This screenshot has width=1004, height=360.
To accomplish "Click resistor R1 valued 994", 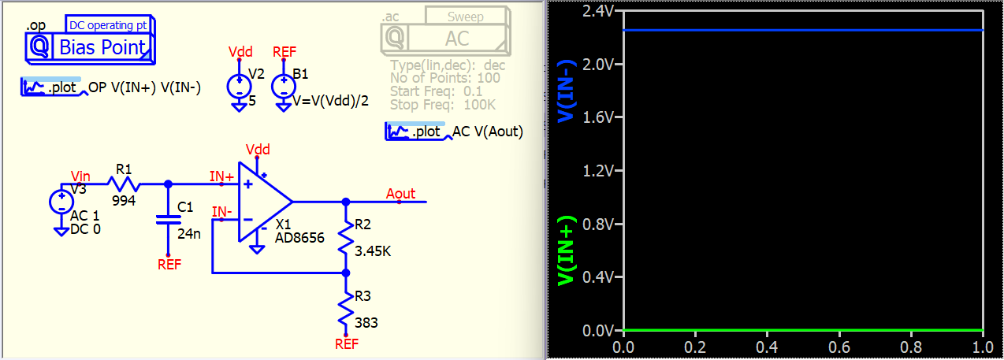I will pos(125,185).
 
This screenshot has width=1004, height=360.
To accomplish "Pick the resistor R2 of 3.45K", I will pos(345,237).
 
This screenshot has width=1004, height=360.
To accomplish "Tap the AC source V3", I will pos(61,202).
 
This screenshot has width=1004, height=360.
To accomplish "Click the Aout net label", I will pos(401,194).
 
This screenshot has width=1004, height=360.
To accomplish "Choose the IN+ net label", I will pos(221,177).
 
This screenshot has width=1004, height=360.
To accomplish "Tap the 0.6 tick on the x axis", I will pos(839,347).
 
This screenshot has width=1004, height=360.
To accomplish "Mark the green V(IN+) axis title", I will pos(566,251).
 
